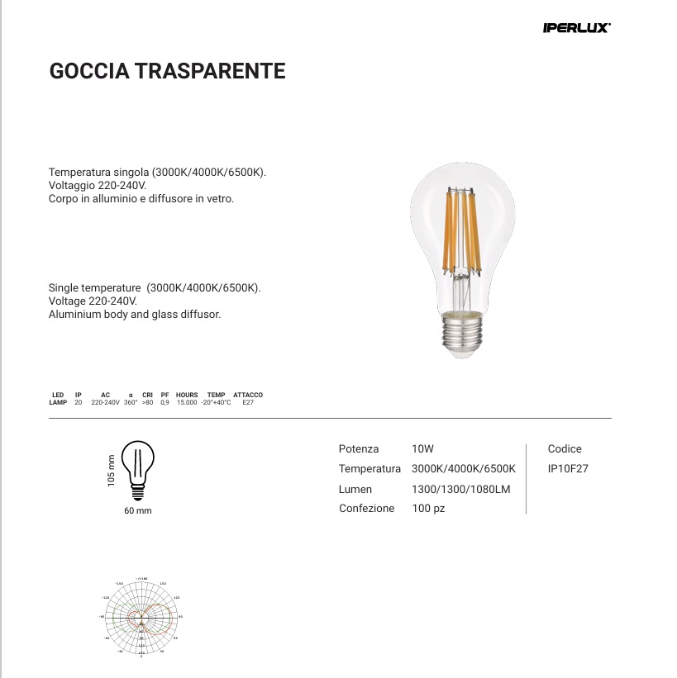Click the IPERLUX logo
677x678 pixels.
coord(576,28)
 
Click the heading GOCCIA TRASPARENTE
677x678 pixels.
coord(168,71)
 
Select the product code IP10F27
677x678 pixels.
coord(568,468)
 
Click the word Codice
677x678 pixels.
coord(565,449)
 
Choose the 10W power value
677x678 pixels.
coord(422,449)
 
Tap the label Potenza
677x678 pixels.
coord(359,449)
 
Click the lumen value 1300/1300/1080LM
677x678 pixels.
coord(461,489)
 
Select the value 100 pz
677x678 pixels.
coord(428,509)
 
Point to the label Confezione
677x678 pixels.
coord(366,509)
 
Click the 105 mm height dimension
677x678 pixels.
coord(111,471)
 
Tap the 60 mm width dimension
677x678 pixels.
coord(138,511)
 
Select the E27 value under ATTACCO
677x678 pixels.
coord(248,402)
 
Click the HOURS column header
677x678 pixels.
coord(187,396)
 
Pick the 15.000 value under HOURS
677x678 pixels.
coord(187,402)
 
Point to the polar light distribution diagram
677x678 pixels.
coord(141,616)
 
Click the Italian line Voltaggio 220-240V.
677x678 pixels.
coord(98,186)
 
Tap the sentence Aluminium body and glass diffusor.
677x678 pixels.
coord(135,315)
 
